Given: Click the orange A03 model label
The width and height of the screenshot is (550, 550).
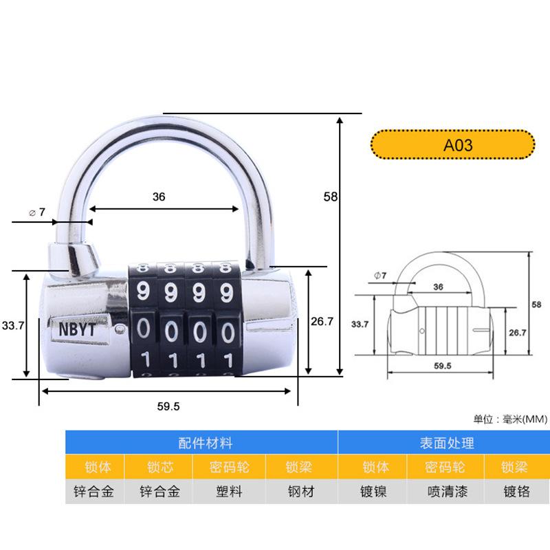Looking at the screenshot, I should (x=453, y=145).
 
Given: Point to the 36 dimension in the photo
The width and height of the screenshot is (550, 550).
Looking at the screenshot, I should (x=159, y=197).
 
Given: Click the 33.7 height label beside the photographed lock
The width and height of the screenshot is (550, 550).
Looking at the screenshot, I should (x=12, y=327).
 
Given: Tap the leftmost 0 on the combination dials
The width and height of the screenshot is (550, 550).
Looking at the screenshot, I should (x=144, y=329).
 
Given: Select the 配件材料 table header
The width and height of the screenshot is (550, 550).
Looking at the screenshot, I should (x=201, y=443).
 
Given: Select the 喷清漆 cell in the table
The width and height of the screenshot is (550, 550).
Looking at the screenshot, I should (x=445, y=492).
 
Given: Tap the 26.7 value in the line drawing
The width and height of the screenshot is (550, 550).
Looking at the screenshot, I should (x=517, y=332).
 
